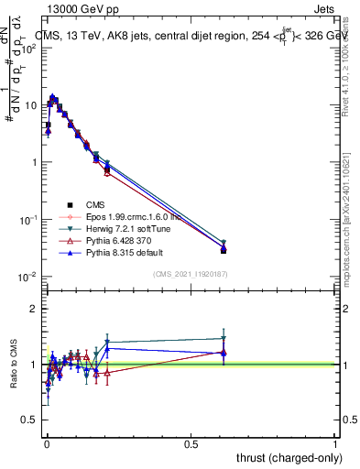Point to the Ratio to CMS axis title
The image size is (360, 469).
point(15,366)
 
